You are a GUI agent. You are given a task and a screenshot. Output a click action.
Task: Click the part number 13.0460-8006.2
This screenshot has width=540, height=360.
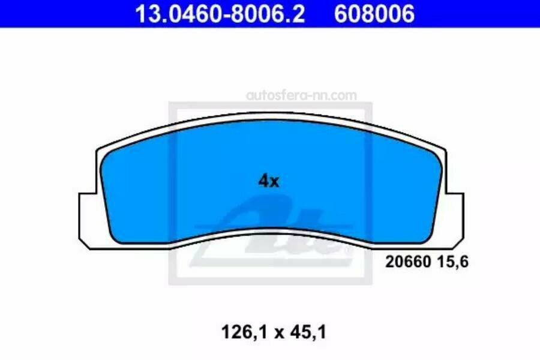pos(220,13)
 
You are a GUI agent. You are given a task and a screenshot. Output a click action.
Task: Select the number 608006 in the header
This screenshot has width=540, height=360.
pos(374,13)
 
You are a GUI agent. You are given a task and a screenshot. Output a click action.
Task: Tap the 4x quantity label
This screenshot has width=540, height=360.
pos(269,181)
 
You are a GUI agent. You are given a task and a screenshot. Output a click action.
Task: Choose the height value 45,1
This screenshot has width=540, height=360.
pos(305,332)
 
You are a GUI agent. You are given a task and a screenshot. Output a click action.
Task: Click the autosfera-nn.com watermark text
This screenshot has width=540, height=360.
pos(302,95)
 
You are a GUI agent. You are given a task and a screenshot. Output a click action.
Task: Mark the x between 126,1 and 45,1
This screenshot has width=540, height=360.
pos(270,332)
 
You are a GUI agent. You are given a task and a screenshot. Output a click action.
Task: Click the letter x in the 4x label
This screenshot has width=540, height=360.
pos(274,181)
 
